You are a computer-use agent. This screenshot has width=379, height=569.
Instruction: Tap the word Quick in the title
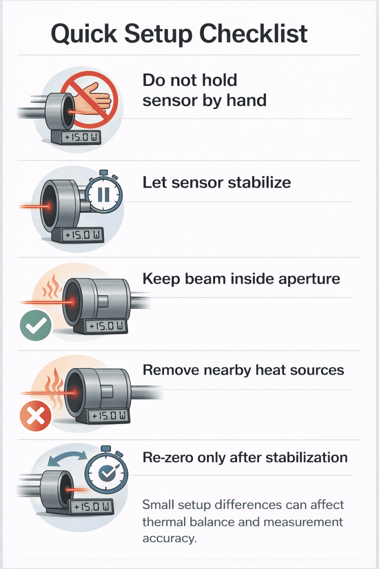pyautogui.click(x=84, y=34)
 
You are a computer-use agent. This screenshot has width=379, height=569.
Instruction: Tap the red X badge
pyautogui.click(x=36, y=417)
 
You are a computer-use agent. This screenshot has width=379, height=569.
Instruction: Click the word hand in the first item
pyautogui.click(x=247, y=100)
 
